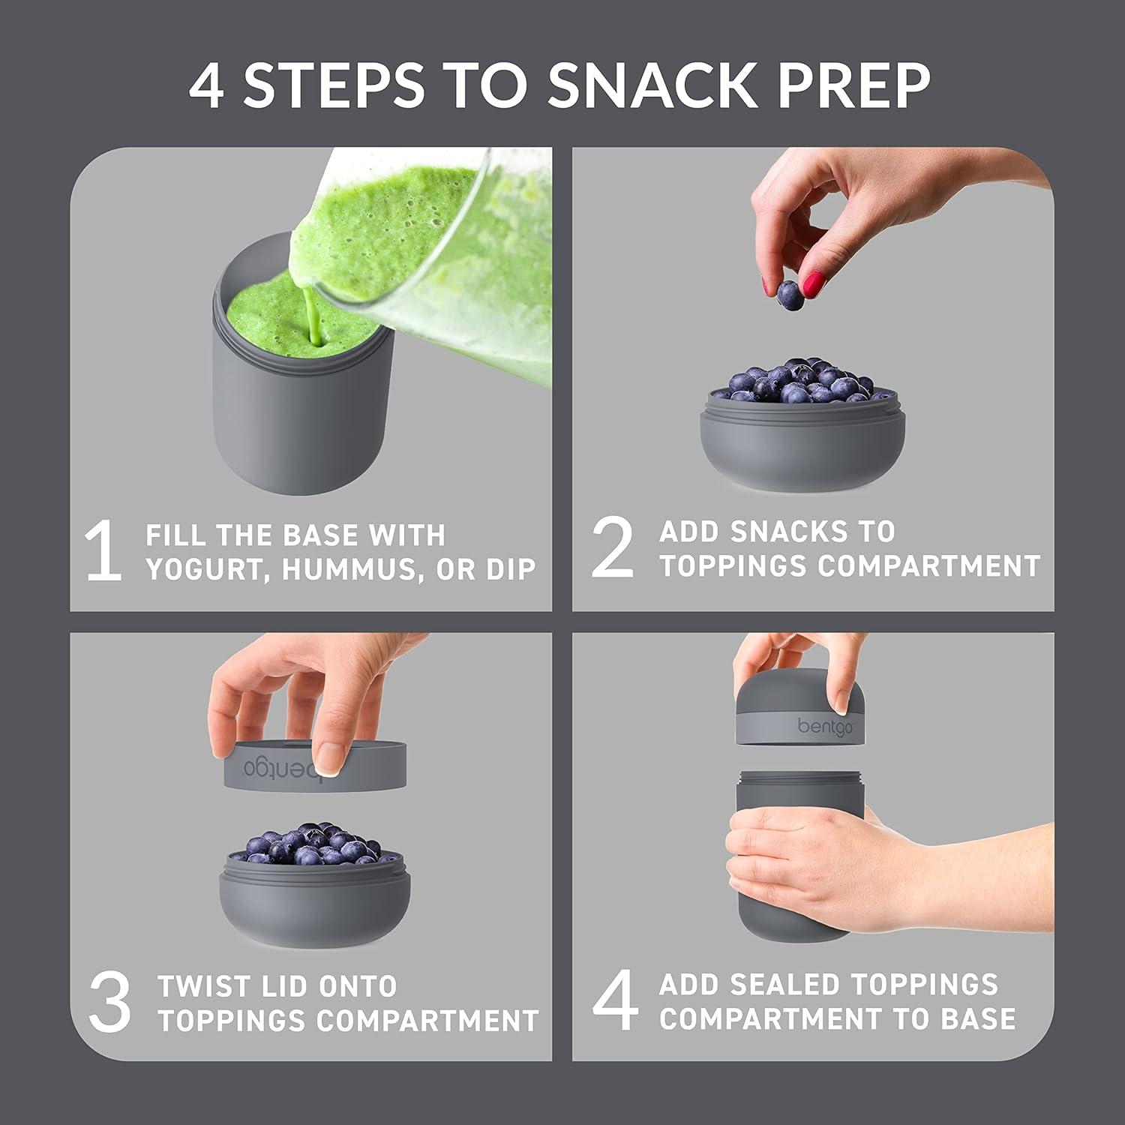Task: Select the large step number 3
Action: [109, 1003]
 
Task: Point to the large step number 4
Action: [615, 1001]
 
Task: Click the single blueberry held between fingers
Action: [788, 295]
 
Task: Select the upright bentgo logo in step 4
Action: [824, 726]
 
